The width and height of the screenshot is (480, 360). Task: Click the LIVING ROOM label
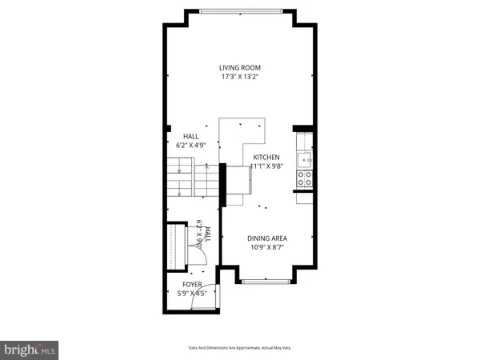(x=241, y=67)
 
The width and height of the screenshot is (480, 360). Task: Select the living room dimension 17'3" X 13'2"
(x=241, y=78)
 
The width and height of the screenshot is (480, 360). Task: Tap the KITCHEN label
(x=266, y=158)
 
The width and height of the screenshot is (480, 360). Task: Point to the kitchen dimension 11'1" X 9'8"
(x=266, y=167)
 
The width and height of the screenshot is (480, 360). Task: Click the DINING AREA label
(x=266, y=238)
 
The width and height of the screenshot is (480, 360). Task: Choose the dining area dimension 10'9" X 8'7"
(x=266, y=248)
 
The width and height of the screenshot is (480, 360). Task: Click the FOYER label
(x=192, y=284)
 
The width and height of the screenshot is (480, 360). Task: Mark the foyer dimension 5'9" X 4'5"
(x=192, y=294)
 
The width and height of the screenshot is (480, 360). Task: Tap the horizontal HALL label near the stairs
(x=191, y=137)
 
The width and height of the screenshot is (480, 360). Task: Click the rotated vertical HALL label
(x=207, y=234)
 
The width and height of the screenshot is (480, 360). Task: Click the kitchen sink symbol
(x=305, y=159)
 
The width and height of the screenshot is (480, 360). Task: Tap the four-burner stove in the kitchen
(x=305, y=179)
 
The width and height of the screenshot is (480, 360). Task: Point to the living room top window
(x=241, y=10)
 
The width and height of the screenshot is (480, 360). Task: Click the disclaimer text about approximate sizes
(x=240, y=349)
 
